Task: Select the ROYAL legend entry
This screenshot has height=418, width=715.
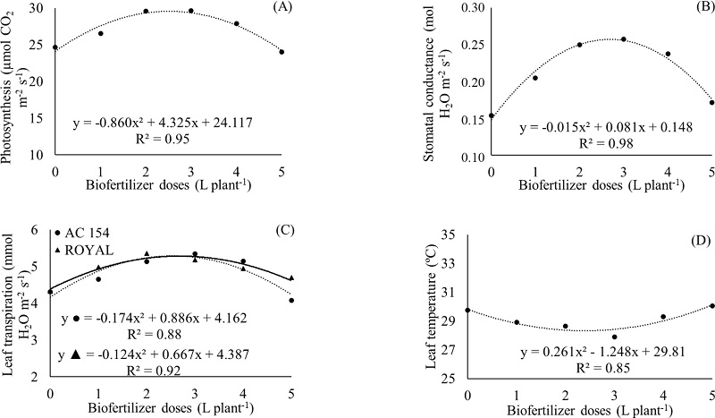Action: pyautogui.click(x=87, y=250)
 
